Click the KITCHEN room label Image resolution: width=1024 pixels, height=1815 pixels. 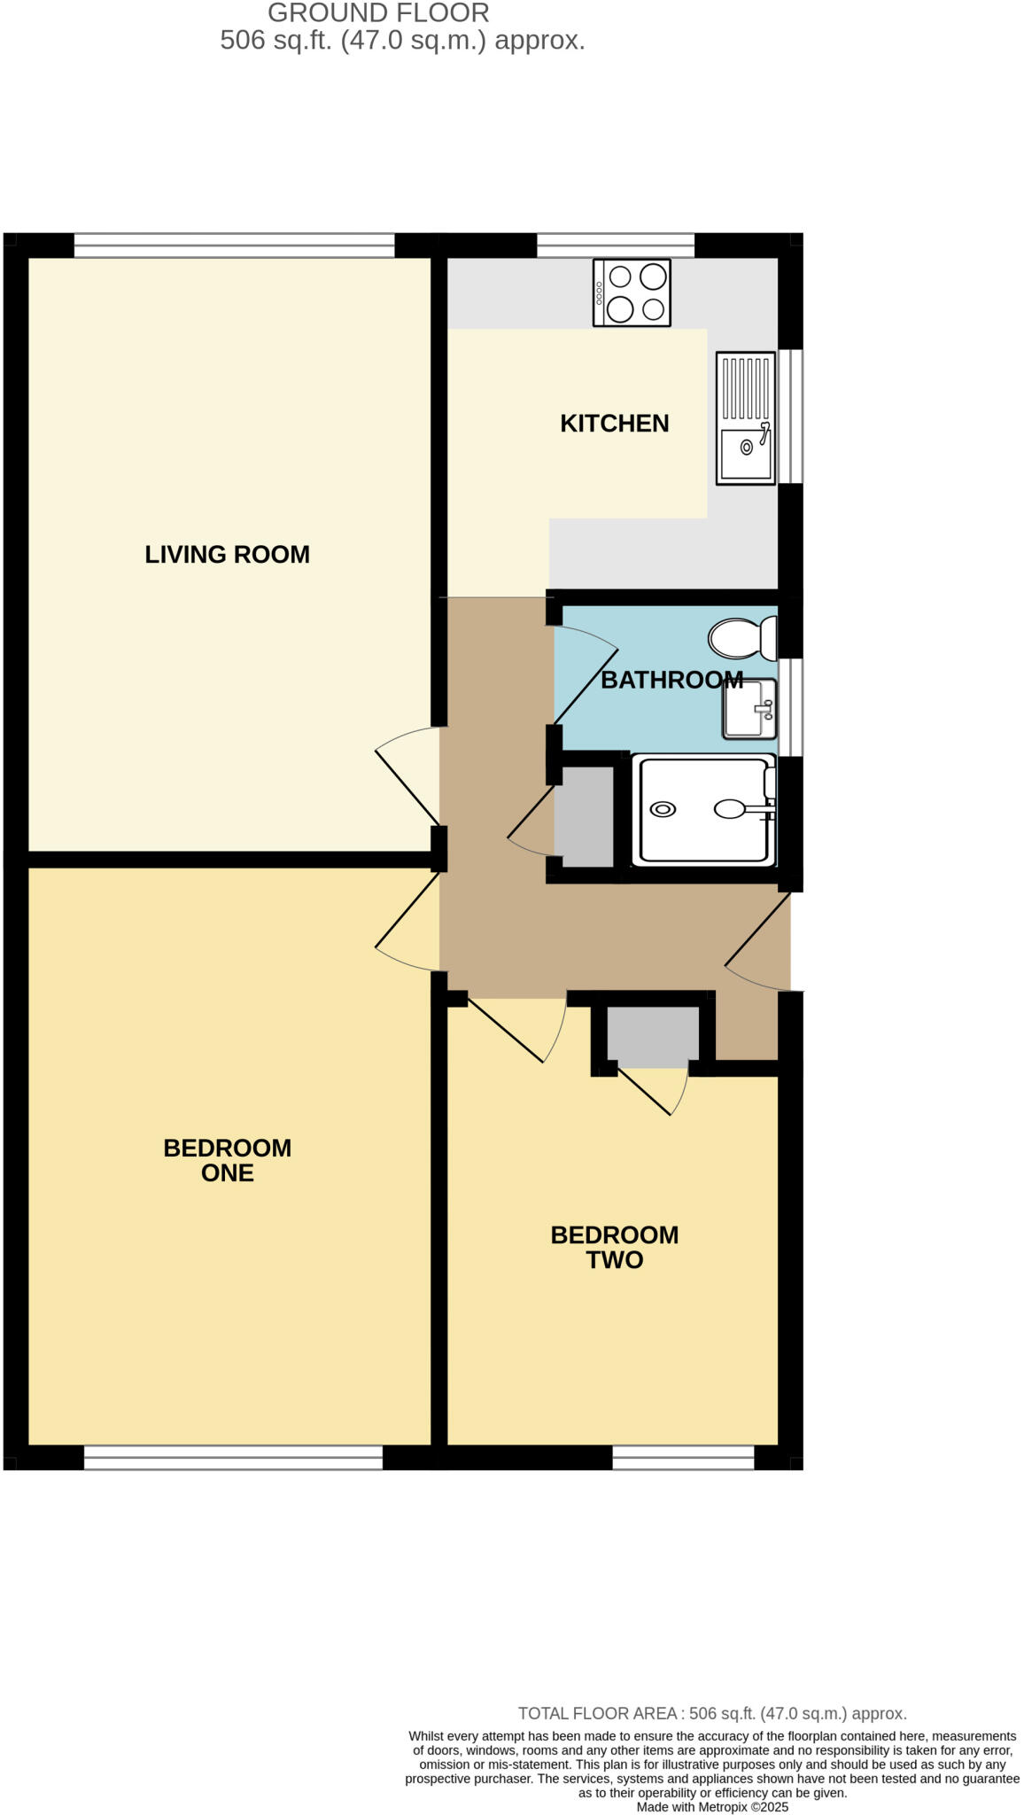[614, 424]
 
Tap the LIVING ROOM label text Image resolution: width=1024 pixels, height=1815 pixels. [227, 555]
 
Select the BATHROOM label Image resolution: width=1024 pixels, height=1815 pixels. [671, 680]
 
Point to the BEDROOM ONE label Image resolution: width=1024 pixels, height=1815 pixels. [227, 1160]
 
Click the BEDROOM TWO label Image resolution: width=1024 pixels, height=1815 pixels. [614, 1247]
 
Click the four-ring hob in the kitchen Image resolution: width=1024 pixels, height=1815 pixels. [632, 293]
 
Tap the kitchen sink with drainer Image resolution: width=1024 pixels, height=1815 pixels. [746, 418]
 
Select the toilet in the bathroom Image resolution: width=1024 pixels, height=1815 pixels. [741, 638]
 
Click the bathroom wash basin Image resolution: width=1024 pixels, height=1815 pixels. [749, 708]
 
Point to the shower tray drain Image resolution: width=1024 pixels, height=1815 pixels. [663, 809]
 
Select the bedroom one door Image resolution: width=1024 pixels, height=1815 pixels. [408, 923]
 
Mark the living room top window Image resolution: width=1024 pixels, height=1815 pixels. [234, 245]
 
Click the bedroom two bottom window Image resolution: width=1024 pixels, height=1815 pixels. [683, 1458]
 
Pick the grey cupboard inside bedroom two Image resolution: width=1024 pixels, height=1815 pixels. [653, 1037]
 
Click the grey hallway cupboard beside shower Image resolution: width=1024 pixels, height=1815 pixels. [584, 817]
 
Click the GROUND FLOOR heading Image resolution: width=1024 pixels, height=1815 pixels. [378, 13]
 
